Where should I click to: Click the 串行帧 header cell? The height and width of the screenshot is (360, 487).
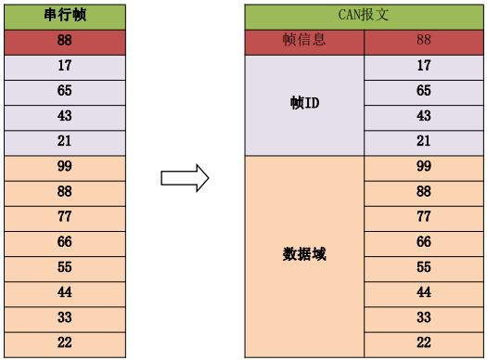pyautogui.click(x=64, y=17)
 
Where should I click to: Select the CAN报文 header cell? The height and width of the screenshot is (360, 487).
pyautogui.click(x=365, y=17)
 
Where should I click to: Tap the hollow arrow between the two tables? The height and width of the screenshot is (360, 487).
pyautogui.click(x=185, y=178)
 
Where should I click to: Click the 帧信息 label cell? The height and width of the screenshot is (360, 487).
pyautogui.click(x=304, y=42)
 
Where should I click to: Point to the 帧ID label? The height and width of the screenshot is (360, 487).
pyautogui.click(x=304, y=104)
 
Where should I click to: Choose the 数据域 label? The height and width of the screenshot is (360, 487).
pyautogui.click(x=304, y=254)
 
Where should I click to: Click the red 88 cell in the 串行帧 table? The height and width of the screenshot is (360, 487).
pyautogui.click(x=64, y=42)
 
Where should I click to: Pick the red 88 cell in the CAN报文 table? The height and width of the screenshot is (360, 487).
pyautogui.click(x=424, y=42)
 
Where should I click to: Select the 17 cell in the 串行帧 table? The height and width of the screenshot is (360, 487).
pyautogui.click(x=64, y=67)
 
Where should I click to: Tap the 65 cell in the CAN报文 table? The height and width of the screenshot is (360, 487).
pyautogui.click(x=424, y=92)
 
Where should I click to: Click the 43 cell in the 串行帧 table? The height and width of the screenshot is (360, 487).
pyautogui.click(x=64, y=117)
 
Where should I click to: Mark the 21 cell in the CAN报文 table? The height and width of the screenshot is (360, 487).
pyautogui.click(x=424, y=142)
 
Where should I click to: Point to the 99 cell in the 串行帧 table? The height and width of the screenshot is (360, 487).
pyautogui.click(x=64, y=167)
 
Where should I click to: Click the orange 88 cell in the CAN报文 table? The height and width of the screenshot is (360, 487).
pyautogui.click(x=424, y=192)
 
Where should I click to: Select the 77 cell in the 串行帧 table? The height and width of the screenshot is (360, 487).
pyautogui.click(x=64, y=217)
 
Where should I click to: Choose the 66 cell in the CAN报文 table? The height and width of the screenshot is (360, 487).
pyautogui.click(x=424, y=242)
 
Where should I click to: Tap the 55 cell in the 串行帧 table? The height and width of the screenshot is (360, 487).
pyautogui.click(x=64, y=267)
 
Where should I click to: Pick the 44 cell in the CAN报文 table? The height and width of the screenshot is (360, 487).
pyautogui.click(x=424, y=292)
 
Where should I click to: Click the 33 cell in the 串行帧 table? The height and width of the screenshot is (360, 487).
pyautogui.click(x=64, y=317)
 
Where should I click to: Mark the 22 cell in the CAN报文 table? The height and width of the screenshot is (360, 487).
pyautogui.click(x=424, y=343)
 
